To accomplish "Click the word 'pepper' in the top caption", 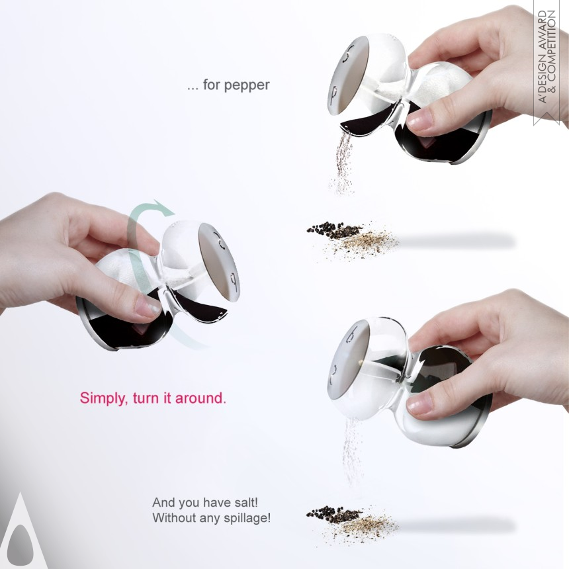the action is coord(246,85).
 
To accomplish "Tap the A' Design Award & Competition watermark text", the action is coord(547,56).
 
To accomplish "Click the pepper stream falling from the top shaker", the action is coord(342,163).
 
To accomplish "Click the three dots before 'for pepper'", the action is coord(193,88).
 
